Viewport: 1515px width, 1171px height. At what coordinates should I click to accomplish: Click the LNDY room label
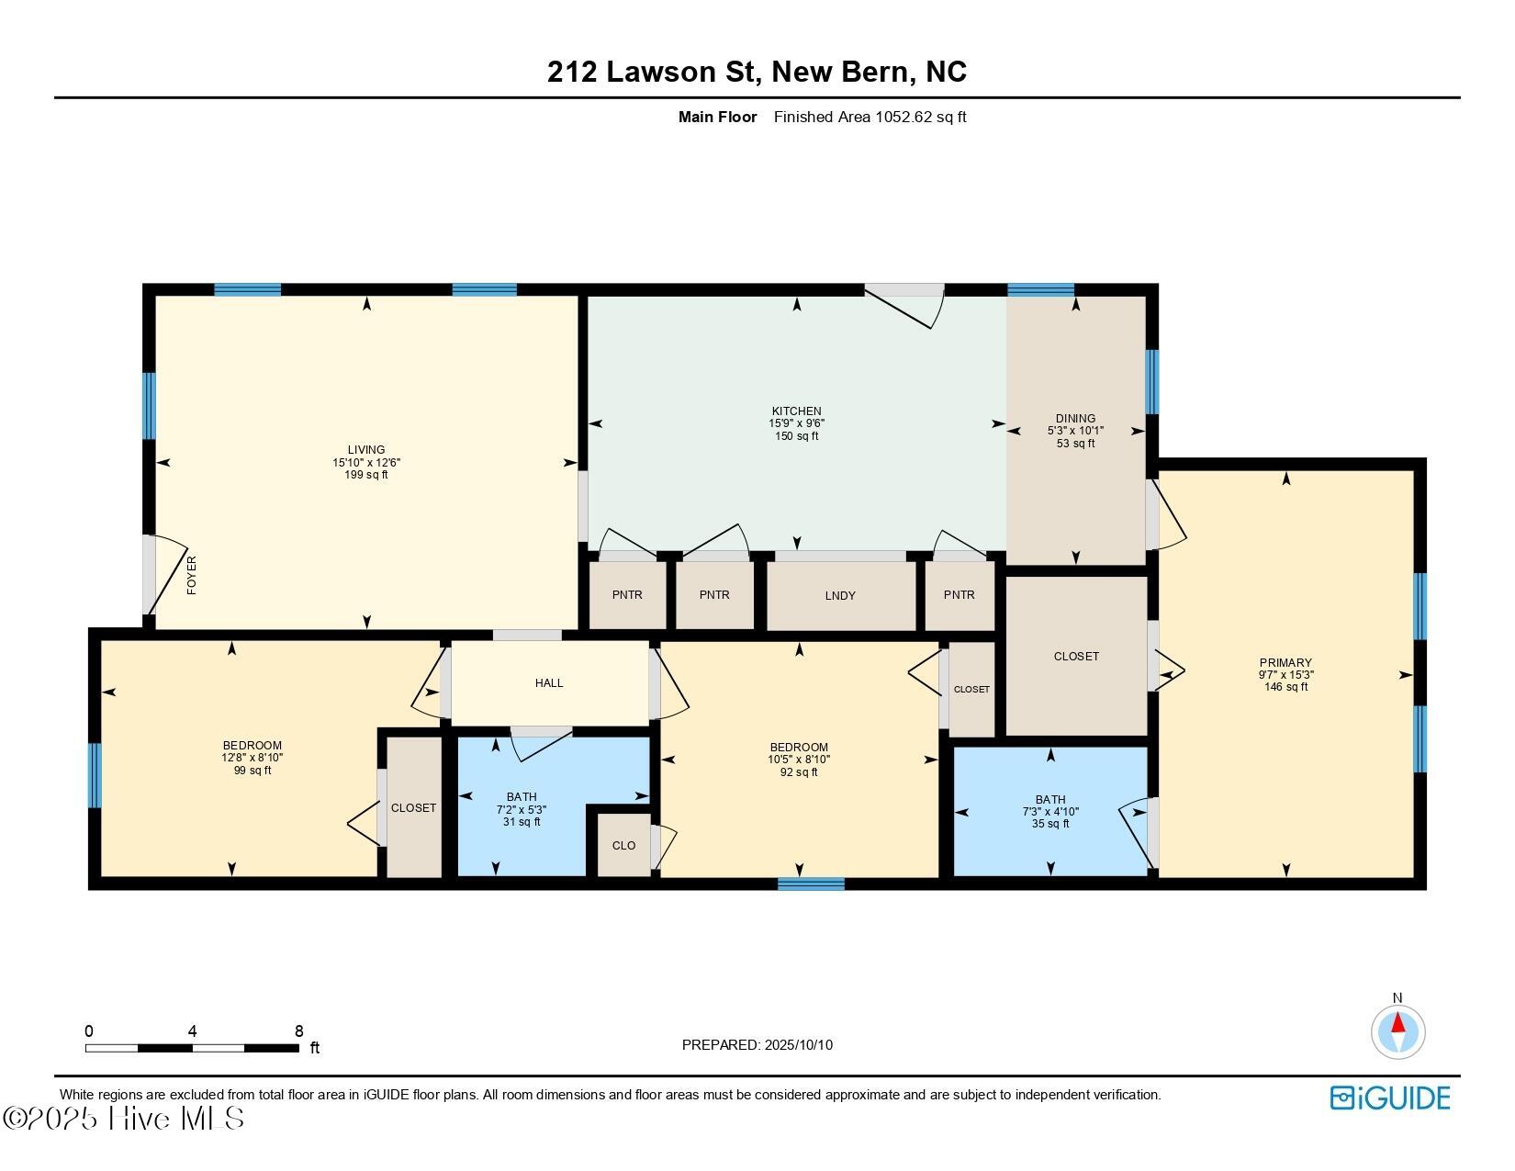point(840,596)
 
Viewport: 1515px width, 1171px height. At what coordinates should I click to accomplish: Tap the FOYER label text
point(192,576)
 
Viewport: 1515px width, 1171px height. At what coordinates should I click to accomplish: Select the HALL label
point(549,683)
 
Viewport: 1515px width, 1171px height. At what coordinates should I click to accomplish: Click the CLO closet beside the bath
point(623,846)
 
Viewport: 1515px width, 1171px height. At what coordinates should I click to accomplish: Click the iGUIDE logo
point(1390,1098)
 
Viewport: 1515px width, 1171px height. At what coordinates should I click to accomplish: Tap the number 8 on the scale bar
point(298,1031)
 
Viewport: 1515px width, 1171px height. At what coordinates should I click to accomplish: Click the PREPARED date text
point(757,1045)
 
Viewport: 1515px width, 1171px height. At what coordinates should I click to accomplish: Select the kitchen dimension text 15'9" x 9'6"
point(796,423)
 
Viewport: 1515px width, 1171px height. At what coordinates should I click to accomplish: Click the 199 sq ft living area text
point(366,475)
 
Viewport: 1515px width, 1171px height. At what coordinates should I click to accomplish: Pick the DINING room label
point(1075,419)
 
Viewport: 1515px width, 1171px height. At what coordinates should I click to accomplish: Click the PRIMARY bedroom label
point(1285,663)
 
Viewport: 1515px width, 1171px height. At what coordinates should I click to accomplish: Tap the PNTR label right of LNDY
point(959,595)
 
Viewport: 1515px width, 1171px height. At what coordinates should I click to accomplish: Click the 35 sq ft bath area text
point(1050,824)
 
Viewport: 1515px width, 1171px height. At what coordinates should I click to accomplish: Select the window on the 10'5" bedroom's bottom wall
point(811,884)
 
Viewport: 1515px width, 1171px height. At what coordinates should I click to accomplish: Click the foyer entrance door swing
point(165,574)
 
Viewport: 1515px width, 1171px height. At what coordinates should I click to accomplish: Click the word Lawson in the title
point(682,72)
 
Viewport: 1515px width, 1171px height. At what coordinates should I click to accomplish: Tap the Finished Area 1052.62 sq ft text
point(870,117)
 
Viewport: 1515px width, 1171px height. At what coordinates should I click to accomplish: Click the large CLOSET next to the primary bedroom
point(1076,657)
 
